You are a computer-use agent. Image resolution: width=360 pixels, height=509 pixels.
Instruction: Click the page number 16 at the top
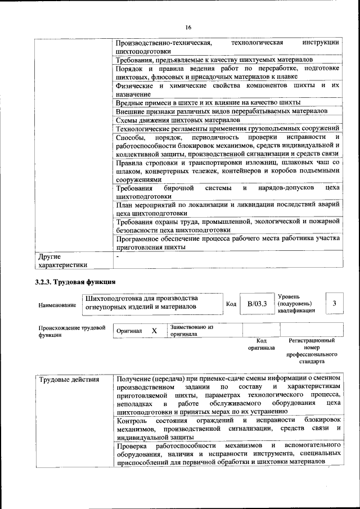click(x=188, y=28)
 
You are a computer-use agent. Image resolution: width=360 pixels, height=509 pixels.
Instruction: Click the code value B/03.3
click(x=256, y=304)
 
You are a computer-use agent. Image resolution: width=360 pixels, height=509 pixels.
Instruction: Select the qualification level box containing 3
click(x=334, y=304)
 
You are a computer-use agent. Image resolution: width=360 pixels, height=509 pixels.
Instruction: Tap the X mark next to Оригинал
click(x=154, y=331)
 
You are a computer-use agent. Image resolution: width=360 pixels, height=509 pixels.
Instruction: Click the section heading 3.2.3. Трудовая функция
click(x=75, y=281)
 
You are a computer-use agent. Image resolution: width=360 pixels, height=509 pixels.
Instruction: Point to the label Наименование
click(x=57, y=305)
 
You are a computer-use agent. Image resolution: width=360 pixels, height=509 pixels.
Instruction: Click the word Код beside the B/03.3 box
click(x=231, y=304)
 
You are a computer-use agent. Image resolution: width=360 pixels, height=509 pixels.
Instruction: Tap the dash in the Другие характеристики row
click(x=117, y=256)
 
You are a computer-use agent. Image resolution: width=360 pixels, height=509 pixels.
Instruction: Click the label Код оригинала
click(x=261, y=344)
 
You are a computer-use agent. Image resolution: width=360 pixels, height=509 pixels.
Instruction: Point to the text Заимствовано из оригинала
click(x=191, y=330)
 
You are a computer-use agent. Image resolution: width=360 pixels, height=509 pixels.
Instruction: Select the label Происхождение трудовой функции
click(x=71, y=331)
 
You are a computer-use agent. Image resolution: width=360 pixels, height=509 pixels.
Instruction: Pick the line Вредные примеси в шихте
click(x=208, y=102)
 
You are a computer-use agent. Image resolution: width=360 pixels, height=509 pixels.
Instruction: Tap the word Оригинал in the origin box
click(x=129, y=331)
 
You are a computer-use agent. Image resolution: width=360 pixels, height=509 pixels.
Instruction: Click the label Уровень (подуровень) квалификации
click(x=297, y=304)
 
